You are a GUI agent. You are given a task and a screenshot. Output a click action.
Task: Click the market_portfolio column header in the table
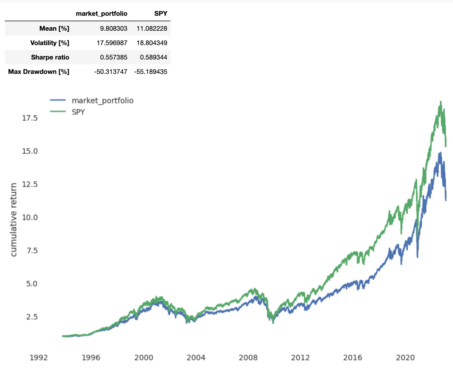pos(101,14)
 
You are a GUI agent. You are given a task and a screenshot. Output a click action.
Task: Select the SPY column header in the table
pos(161,14)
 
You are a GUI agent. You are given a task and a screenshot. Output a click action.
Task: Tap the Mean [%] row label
pos(54,29)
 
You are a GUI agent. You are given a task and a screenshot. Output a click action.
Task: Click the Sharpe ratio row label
pos(50,57)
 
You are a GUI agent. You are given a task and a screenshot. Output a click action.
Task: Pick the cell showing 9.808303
pos(113,29)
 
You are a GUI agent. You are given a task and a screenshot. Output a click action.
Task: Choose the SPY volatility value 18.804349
pos(152,43)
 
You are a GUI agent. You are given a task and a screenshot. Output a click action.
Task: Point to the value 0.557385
pos(113,57)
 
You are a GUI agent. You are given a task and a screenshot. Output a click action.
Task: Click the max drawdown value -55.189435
pos(150,72)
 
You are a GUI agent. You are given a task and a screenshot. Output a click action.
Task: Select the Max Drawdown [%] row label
pos(39,72)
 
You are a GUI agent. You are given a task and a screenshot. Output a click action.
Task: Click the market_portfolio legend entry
pos(102,101)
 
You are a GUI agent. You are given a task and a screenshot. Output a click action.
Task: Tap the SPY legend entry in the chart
pos(78,112)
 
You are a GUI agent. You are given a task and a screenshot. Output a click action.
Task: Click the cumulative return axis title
pos(14,220)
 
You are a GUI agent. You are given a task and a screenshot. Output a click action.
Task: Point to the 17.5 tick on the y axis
pos(30,118)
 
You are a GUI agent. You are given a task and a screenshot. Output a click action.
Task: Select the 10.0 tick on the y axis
pos(30,217)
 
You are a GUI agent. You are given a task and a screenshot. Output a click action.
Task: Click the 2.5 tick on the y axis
pos(32,317)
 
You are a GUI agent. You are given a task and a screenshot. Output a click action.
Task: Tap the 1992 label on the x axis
pos(39,358)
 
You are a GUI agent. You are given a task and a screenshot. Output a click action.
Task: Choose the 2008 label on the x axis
pos(248,358)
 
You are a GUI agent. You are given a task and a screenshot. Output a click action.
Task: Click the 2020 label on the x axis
pos(405,358)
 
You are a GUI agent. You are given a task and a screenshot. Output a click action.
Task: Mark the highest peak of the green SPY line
pos(441,102)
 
